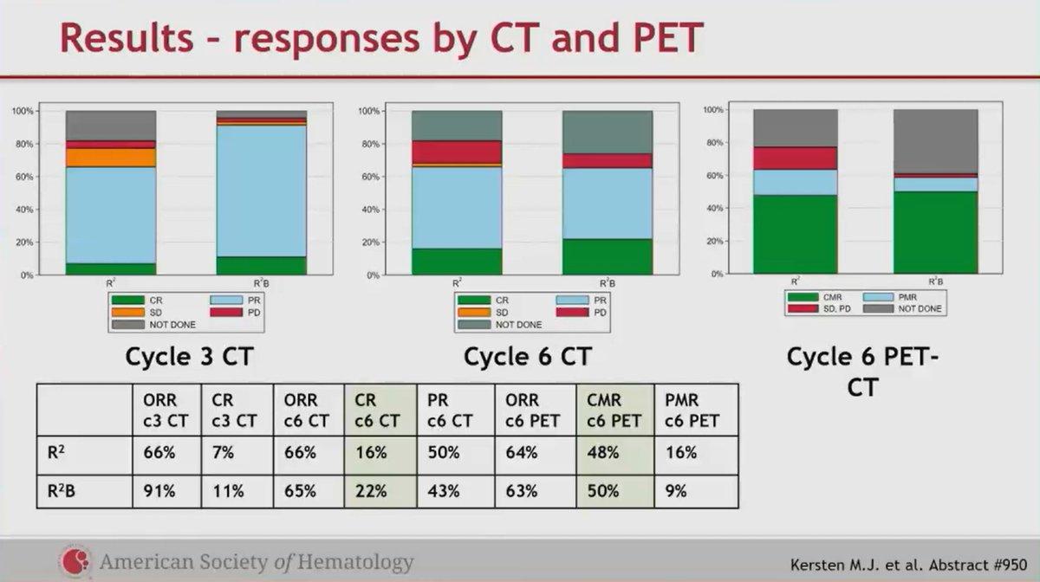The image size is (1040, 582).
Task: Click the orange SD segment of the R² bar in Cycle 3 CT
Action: point(111,158)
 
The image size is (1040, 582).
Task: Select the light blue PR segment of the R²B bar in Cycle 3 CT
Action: point(262,191)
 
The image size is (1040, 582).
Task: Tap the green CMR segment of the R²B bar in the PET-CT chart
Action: point(935,232)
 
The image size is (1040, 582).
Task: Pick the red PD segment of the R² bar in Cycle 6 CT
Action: point(457,152)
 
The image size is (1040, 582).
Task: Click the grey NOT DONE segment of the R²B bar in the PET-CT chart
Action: point(935,141)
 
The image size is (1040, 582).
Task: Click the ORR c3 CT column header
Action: point(166,411)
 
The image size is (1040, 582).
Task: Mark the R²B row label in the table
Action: point(62,491)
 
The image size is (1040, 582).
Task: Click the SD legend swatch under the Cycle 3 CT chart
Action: point(128,313)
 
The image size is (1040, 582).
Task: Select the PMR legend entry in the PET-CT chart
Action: point(890,297)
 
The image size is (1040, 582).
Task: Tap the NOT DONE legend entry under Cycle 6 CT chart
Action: point(499,325)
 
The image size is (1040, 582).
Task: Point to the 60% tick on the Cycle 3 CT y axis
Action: point(24,177)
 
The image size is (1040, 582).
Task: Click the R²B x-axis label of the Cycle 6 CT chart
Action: point(608,282)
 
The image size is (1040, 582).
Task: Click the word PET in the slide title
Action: point(667,37)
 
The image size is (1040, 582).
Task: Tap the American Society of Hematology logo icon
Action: point(75,560)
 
